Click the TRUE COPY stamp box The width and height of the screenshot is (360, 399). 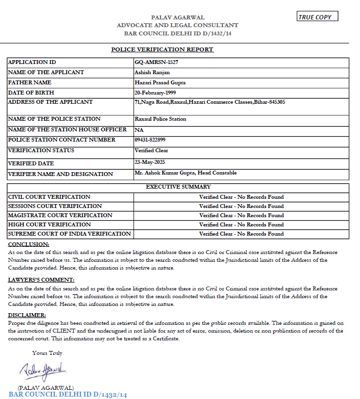click(317, 17)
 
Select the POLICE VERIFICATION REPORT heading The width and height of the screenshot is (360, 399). click(162, 49)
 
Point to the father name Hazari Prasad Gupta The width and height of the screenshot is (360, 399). click(160, 82)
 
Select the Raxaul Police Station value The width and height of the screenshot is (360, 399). click(160, 119)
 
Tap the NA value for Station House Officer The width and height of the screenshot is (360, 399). click(139, 130)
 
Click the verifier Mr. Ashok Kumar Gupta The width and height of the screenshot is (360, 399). click(186, 173)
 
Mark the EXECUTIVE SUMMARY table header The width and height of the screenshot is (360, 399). click(178, 187)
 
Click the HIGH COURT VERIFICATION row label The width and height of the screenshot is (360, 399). click(49, 224)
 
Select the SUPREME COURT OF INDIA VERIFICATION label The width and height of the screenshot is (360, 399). click(69, 234)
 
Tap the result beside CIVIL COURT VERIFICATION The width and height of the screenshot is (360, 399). click(241, 197)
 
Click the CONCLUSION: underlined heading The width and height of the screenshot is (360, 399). click(29, 244)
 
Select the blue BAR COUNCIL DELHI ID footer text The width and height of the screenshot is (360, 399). click(67, 395)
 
